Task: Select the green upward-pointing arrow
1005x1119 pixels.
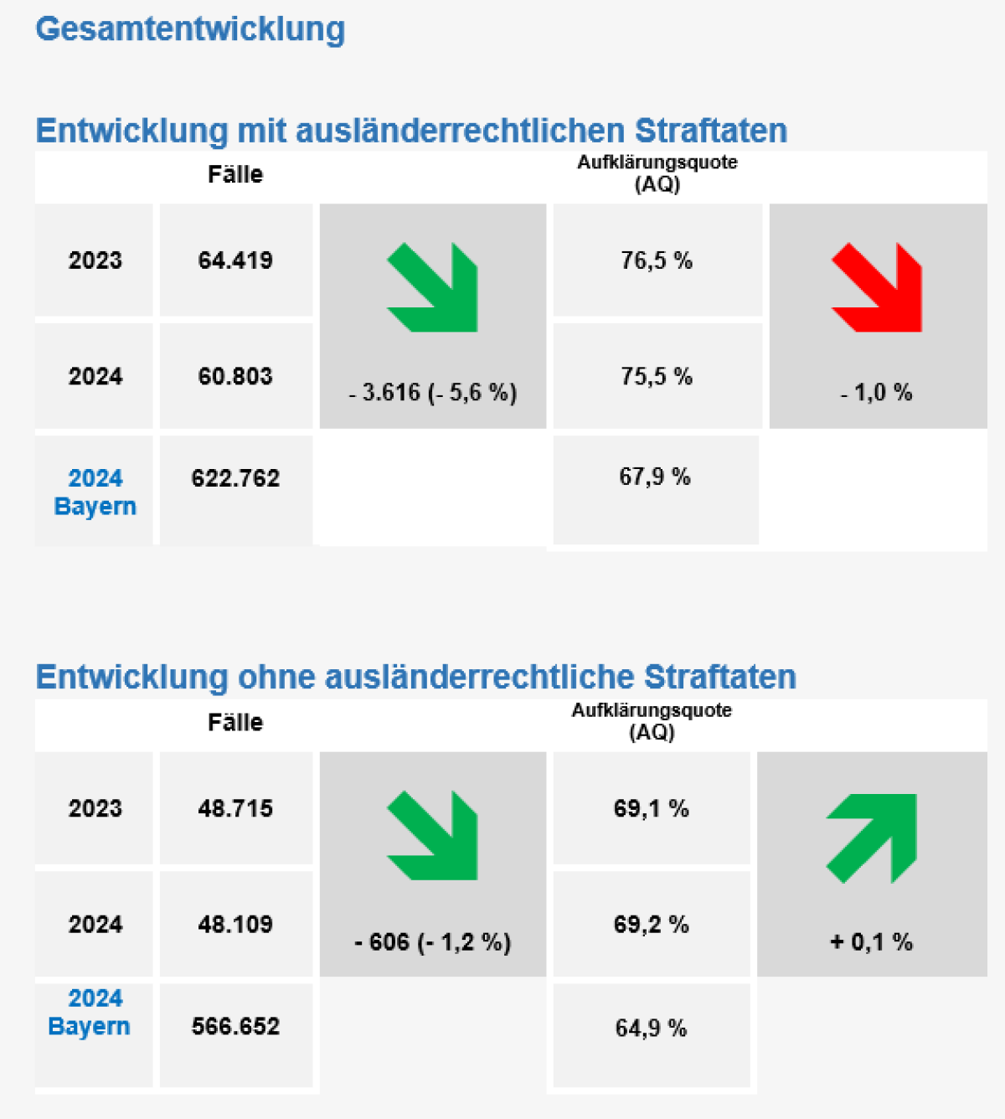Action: point(872,837)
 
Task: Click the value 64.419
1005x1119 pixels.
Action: point(235,260)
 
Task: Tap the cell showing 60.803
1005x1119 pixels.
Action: point(235,376)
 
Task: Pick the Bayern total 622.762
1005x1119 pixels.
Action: point(235,478)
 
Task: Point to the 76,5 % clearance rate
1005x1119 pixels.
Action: point(657,260)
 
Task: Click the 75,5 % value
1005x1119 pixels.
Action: point(657,376)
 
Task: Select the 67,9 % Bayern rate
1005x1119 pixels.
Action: point(655,477)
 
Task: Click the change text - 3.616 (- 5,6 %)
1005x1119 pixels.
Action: point(433,392)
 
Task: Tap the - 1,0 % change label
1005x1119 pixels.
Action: point(876,392)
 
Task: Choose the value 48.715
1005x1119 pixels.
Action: point(235,808)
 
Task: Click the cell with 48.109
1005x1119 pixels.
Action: point(235,924)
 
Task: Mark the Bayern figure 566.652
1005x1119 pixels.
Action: point(235,1026)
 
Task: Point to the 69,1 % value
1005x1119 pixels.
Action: point(651,808)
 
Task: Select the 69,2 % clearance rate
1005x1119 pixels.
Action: point(651,924)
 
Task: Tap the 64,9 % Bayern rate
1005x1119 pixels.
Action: point(651,1028)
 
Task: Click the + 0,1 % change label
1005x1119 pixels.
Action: point(871,942)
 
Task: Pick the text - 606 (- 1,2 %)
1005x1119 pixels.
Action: point(433,942)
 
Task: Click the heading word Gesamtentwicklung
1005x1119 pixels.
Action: point(190,29)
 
